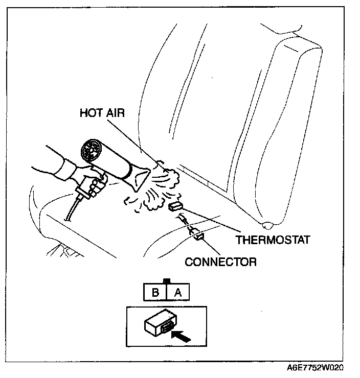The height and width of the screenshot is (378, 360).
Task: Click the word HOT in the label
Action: pyautogui.click(x=90, y=113)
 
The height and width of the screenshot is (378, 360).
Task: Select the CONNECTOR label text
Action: pyautogui.click(x=220, y=262)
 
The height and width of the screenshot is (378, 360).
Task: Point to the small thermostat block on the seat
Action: pyautogui.click(x=175, y=206)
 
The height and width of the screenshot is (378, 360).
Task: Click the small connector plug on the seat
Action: pyautogui.click(x=198, y=235)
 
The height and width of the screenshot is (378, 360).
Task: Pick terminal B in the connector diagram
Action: pyautogui.click(x=154, y=293)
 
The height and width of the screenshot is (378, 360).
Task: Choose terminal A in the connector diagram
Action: pyautogui.click(x=177, y=293)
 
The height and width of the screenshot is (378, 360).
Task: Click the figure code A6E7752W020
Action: pyautogui.click(x=315, y=368)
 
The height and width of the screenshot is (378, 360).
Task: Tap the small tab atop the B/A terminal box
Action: pyautogui.click(x=166, y=281)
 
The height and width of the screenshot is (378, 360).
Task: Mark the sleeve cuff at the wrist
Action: pyautogui.click(x=67, y=169)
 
